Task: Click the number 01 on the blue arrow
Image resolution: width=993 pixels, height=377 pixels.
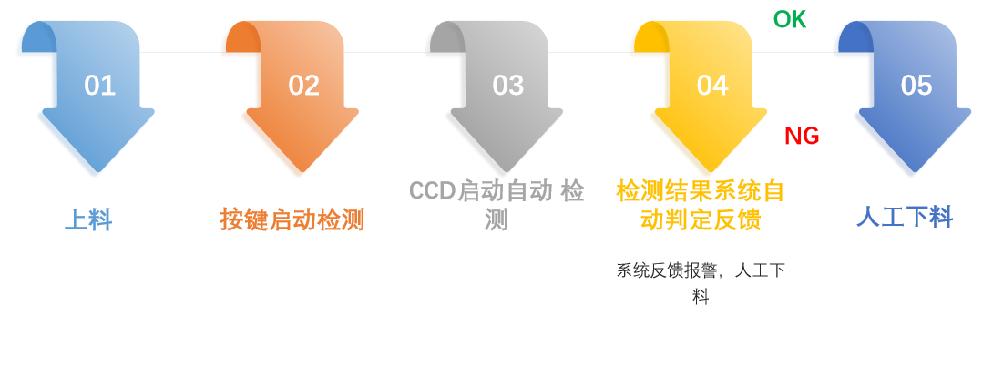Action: click(x=99, y=86)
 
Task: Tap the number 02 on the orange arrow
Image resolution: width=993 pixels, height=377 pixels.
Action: click(x=303, y=86)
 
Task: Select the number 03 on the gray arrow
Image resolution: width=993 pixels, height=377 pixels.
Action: click(x=507, y=86)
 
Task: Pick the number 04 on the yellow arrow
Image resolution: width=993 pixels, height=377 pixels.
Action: click(x=711, y=86)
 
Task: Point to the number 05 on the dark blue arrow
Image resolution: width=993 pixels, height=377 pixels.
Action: click(x=916, y=86)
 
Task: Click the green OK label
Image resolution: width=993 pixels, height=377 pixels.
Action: click(x=789, y=19)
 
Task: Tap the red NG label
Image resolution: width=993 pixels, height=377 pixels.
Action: click(x=802, y=137)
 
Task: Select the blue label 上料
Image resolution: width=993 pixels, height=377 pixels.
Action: click(x=87, y=219)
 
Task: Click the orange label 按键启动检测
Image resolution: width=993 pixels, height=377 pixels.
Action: click(x=292, y=219)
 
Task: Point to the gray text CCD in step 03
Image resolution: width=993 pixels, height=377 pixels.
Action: click(x=432, y=191)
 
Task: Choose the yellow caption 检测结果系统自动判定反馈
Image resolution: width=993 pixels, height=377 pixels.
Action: click(x=700, y=206)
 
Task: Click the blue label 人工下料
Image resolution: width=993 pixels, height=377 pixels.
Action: click(x=904, y=217)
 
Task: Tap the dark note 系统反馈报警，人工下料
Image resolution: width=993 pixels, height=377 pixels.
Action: click(x=700, y=282)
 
